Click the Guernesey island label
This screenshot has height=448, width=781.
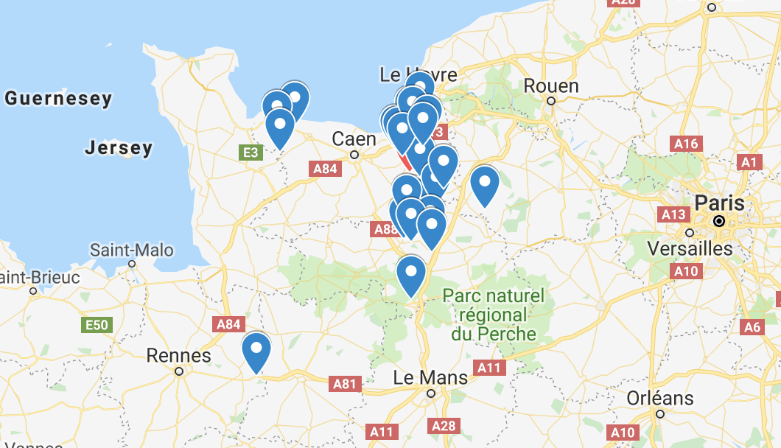pos(58,98)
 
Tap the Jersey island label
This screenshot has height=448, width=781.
pos(119,148)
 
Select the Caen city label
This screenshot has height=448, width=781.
pos(354,139)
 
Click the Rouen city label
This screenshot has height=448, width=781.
pos(550,86)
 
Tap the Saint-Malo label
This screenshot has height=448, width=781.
pos(132,250)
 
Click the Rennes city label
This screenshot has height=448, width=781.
pos(178,355)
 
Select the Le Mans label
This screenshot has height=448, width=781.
pos(430,378)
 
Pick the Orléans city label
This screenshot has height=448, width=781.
pos(659,399)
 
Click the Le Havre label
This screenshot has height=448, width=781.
pos(418,74)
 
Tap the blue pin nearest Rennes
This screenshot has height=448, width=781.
pos(256,351)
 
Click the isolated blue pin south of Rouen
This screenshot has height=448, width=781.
pos(485,184)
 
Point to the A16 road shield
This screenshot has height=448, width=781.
pos(685,144)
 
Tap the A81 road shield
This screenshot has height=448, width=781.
pos(345,383)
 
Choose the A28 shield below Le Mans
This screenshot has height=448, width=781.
pos(444,425)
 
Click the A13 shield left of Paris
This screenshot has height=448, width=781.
pos(673,214)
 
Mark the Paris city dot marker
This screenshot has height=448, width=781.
pos(719,221)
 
